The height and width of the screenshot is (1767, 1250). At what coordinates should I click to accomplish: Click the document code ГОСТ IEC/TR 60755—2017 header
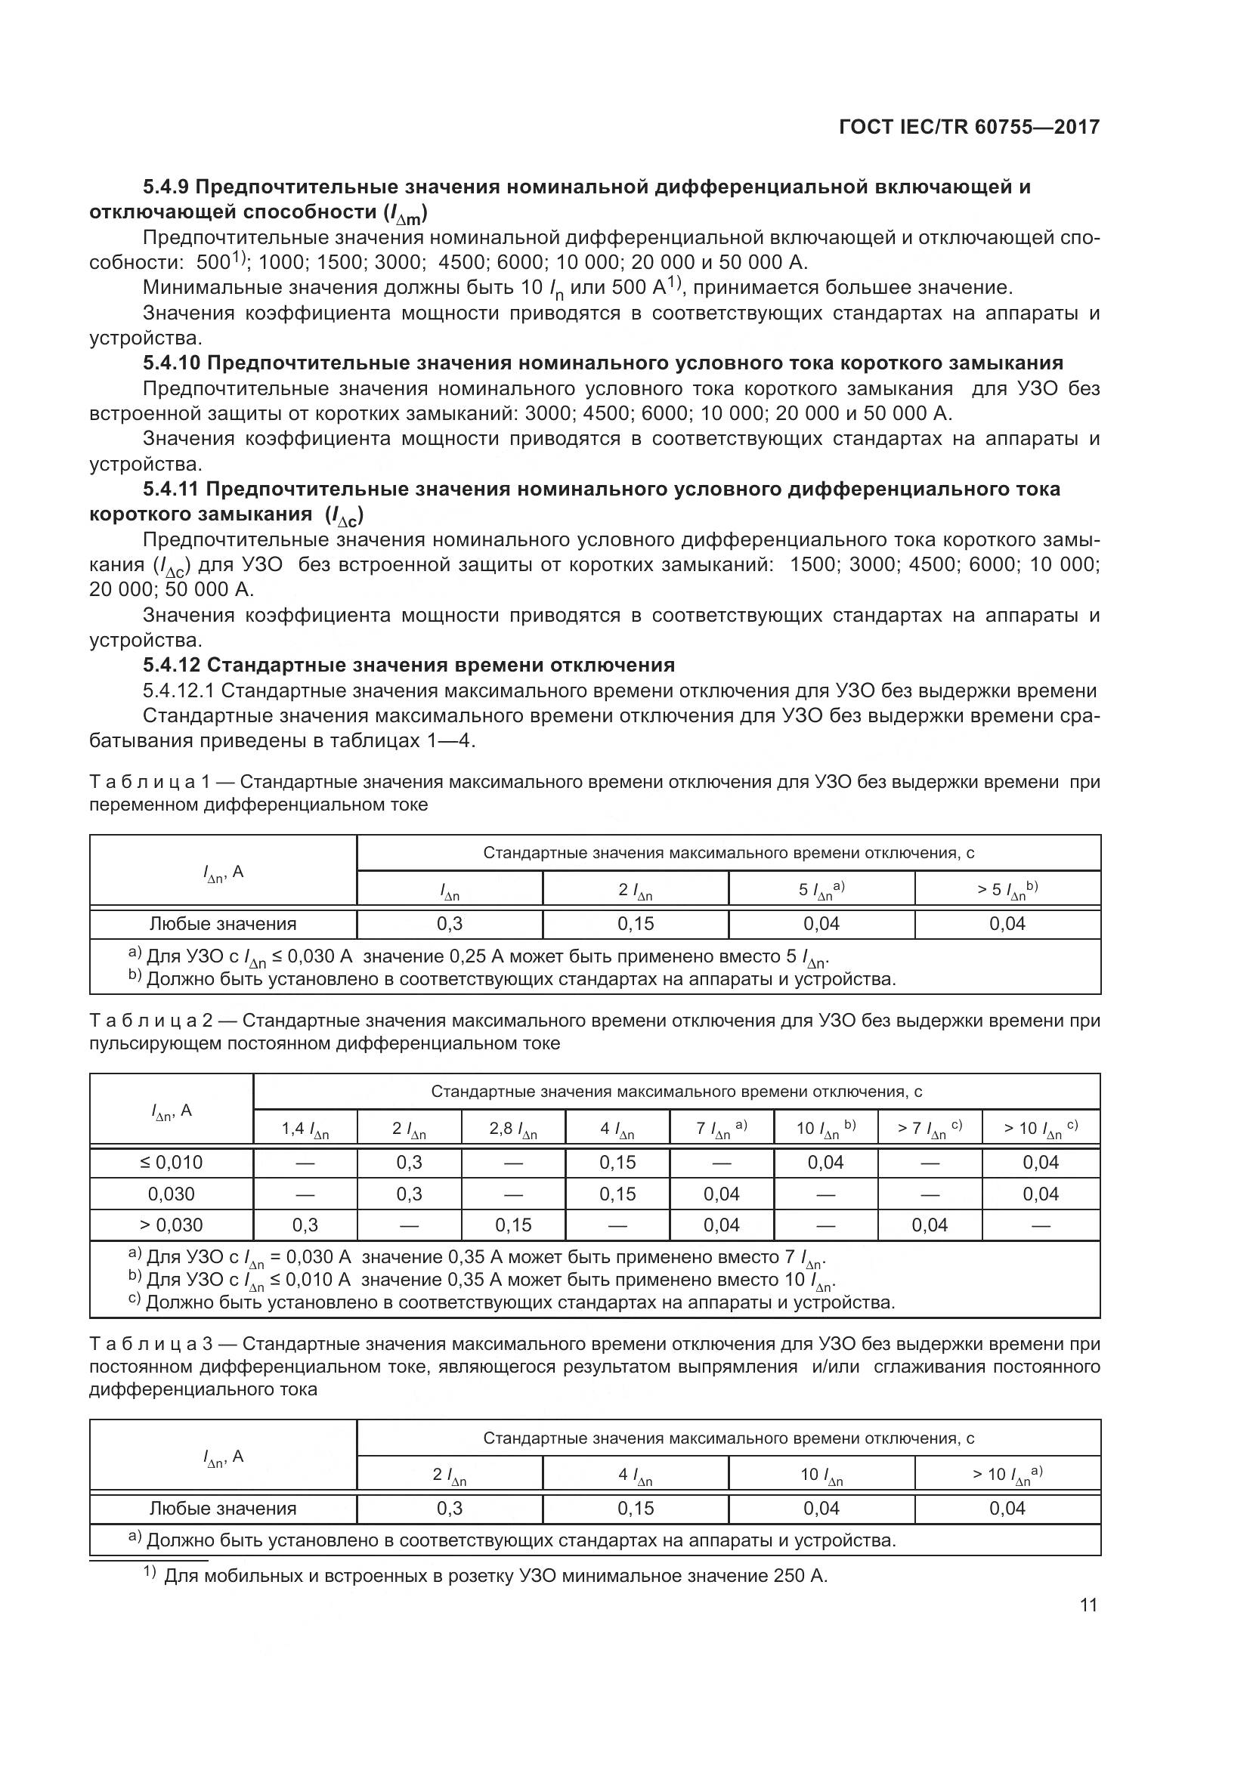coord(969,127)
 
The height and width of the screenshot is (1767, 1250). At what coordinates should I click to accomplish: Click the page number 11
coord(1088,1605)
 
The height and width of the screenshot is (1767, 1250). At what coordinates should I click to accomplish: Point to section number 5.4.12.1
coord(178,690)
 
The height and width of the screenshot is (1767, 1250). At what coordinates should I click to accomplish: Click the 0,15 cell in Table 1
coord(636,923)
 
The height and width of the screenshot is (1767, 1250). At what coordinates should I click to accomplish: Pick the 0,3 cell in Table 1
coord(450,923)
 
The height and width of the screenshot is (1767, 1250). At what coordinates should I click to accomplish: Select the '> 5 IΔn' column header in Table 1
coord(1007,890)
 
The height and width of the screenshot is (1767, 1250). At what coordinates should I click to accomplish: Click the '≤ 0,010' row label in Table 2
coord(171,1162)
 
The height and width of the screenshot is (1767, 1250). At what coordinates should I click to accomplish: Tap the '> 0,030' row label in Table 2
coord(171,1225)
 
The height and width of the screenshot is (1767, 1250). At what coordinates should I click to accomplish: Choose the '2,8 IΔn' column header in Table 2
coord(512,1129)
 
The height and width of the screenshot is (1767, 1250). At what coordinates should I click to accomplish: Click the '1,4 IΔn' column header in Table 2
coord(305,1129)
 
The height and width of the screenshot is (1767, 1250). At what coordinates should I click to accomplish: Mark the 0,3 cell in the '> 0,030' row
coord(305,1225)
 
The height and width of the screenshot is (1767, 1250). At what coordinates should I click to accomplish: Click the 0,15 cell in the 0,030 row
coord(617,1194)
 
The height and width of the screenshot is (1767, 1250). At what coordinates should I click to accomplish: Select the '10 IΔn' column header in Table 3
coord(821,1475)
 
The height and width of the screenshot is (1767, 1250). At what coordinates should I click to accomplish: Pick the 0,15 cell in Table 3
coord(636,1508)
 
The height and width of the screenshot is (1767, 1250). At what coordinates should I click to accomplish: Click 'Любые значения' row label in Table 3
coord(222,1508)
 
